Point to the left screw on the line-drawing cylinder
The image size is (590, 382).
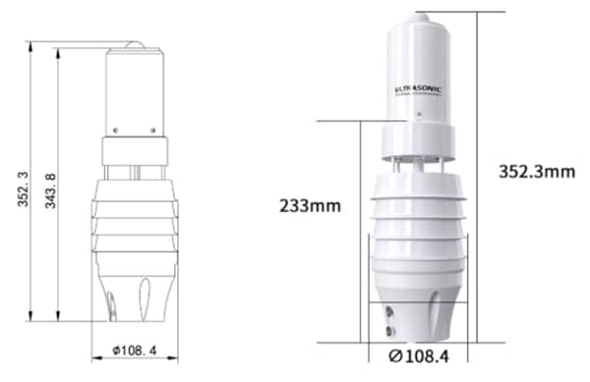point(115,129)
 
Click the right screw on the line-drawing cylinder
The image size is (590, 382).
point(155,129)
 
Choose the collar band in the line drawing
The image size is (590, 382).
point(135,150)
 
